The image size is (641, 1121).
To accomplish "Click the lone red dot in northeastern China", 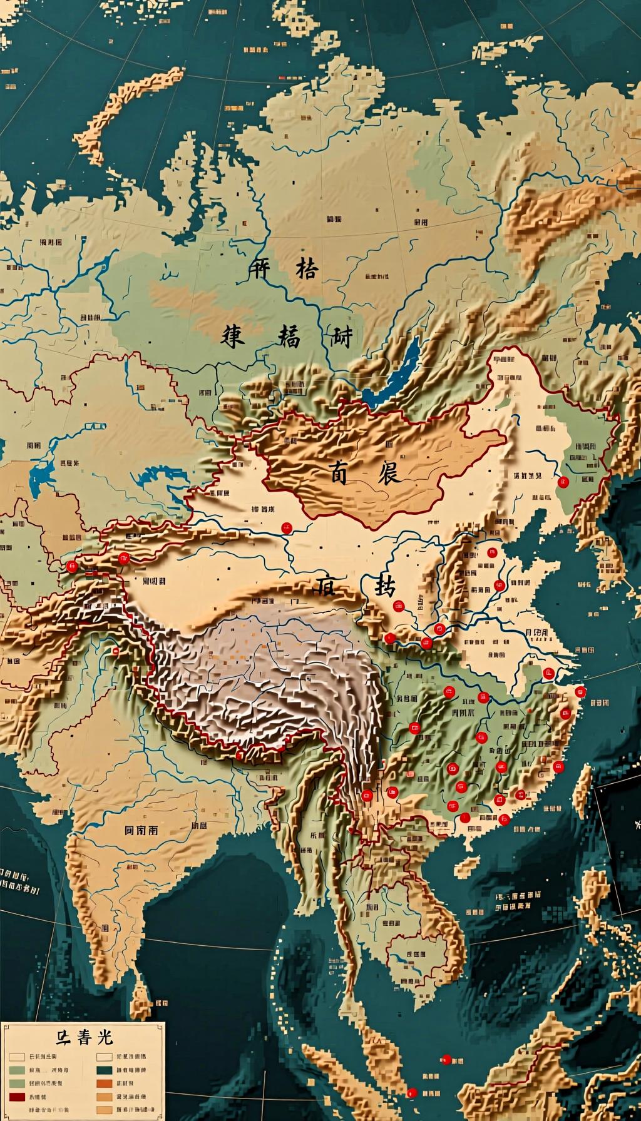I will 563,482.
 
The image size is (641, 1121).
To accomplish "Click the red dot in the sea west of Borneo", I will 446,1059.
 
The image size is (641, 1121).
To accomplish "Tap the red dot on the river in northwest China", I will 287,528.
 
